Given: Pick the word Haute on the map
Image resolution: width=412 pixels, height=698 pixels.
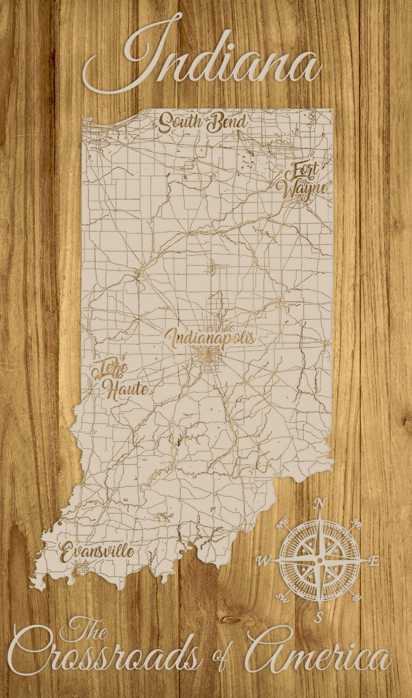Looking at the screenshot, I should (x=126, y=389).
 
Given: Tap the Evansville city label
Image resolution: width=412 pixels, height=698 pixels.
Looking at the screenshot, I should (x=97, y=552).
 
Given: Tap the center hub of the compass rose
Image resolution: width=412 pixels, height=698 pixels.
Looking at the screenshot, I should (x=319, y=561).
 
